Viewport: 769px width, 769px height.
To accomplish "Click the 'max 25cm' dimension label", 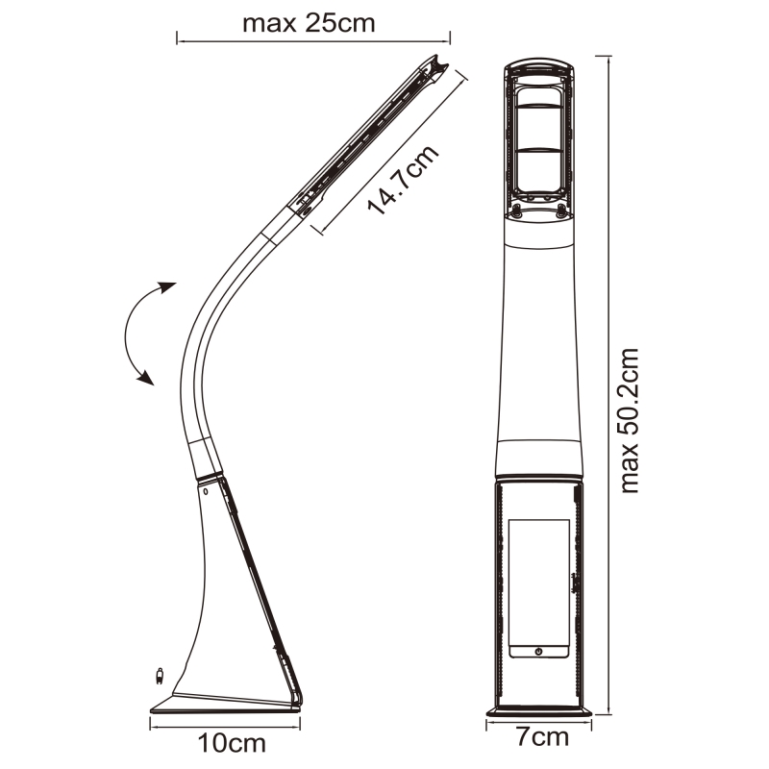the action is tap(309, 23).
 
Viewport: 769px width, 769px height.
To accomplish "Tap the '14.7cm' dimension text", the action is tap(403, 180).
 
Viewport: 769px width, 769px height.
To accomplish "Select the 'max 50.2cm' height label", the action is tap(630, 420).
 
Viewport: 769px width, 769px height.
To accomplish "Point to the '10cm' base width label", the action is tap(232, 743).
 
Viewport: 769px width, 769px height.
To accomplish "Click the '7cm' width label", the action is tap(542, 737).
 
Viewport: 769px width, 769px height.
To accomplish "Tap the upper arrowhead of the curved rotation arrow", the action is tap(166, 286).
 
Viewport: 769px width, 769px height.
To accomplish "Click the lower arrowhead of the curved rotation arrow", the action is tap(146, 378).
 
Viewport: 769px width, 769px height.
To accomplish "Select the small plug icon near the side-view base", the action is tap(159, 676).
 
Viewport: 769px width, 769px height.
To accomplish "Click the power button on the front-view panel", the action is tap(538, 652).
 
